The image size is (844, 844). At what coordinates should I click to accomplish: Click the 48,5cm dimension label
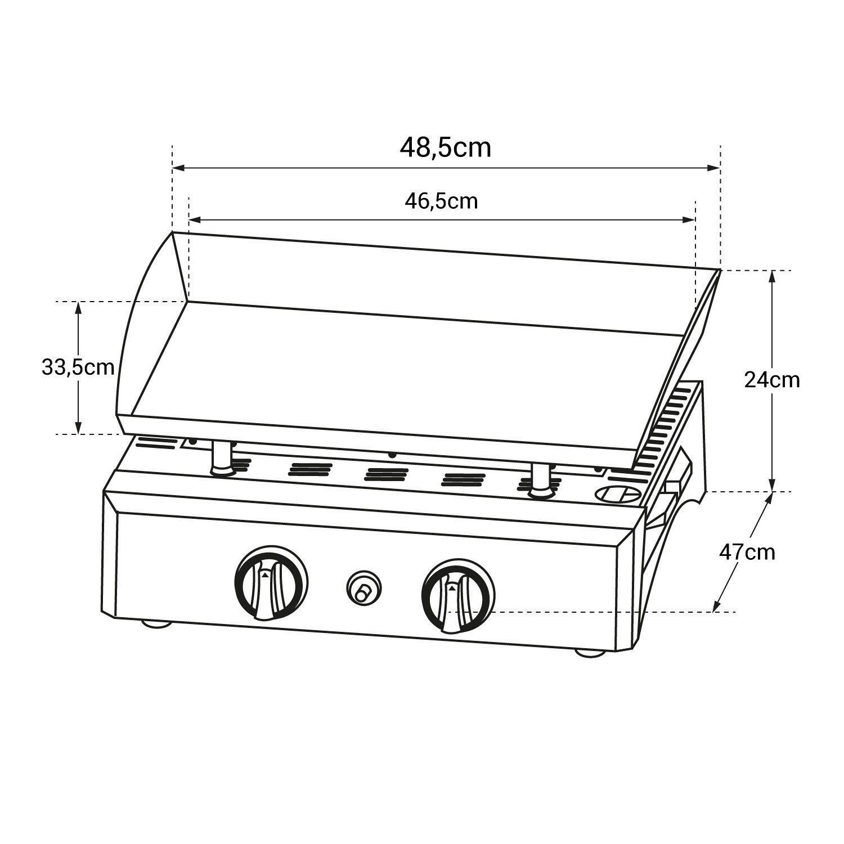[445, 148]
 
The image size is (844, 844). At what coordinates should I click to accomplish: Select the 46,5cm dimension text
[441, 201]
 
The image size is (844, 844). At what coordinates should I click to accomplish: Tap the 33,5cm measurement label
[78, 367]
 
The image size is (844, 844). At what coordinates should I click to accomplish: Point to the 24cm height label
[771, 380]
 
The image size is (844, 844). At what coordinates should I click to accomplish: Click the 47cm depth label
[747, 553]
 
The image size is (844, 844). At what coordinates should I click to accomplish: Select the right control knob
[458, 596]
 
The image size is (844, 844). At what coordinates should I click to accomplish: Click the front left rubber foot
[156, 623]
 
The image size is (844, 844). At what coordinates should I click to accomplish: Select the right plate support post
[541, 481]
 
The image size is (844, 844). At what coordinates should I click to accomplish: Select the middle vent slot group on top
[386, 474]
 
